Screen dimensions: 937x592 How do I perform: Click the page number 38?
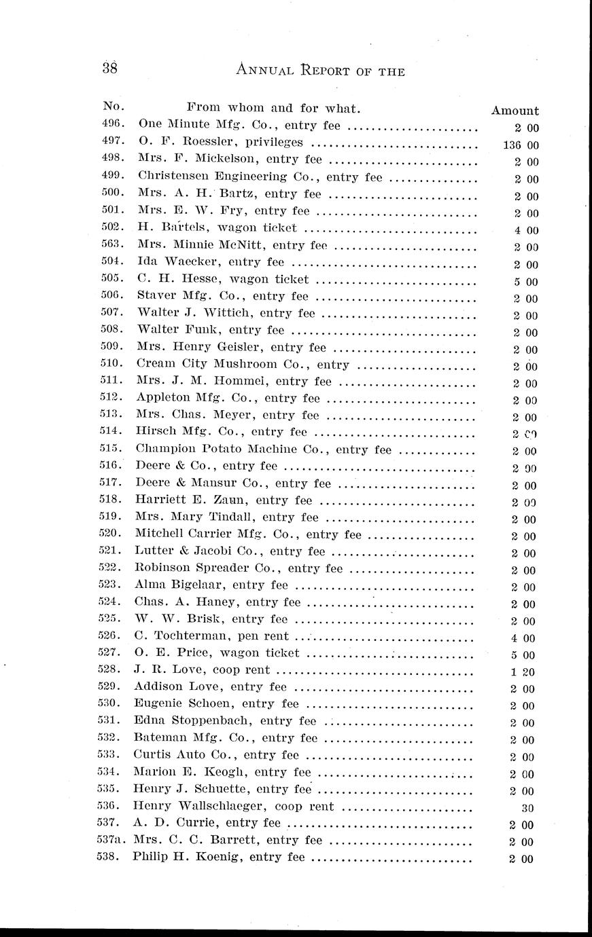coord(110,68)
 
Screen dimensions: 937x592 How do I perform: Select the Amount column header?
coord(515,111)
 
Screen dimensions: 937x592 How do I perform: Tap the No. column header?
coord(111,107)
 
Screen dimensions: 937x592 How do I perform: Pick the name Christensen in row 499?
coord(179,177)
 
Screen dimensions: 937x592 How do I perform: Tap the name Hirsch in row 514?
coord(156,432)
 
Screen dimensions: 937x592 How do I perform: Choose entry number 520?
coord(111,534)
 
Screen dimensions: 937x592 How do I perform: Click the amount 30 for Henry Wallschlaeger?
coord(527,808)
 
